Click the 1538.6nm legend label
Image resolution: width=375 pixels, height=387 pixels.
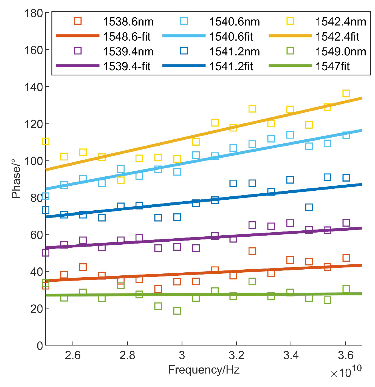128,22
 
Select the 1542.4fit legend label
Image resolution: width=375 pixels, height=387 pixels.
337,36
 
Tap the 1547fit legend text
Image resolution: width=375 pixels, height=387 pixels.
332,66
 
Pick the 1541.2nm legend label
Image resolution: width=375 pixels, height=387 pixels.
235,51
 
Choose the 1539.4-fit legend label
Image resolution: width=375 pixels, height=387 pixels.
126,66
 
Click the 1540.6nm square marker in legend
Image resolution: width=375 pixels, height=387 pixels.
184,21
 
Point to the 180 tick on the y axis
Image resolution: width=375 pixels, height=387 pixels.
33,13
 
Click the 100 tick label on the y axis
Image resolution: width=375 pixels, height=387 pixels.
33,161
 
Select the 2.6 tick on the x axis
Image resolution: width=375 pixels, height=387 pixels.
73,355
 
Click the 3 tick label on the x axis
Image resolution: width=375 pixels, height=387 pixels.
182,355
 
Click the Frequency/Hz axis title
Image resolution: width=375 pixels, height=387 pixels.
204,370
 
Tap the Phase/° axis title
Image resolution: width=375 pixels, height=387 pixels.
16,178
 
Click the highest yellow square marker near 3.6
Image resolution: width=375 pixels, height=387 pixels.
346,94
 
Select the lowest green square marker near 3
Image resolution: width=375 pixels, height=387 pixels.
177,311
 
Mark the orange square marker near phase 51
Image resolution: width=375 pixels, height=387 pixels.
252,251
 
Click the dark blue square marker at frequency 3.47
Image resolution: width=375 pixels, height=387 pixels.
309,207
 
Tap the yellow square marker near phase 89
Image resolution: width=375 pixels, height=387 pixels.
121,180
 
